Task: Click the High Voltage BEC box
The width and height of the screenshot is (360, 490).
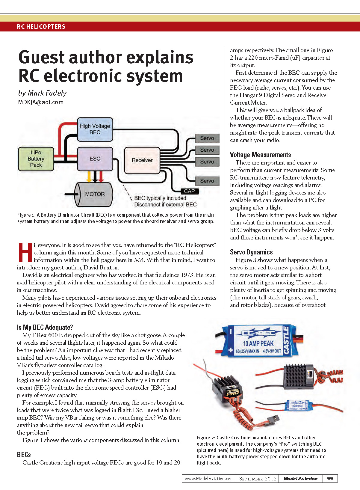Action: click(x=95, y=129)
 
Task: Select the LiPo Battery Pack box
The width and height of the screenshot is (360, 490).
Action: click(x=36, y=159)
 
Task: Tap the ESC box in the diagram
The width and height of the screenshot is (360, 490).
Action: click(x=95, y=159)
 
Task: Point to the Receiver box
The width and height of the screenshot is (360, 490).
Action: click(x=142, y=160)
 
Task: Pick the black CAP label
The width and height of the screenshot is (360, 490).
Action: click(x=189, y=191)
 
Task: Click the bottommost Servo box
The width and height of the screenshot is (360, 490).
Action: click(x=207, y=181)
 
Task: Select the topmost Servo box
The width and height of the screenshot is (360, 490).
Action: click(x=207, y=138)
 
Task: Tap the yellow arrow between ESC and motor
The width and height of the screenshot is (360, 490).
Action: click(x=89, y=177)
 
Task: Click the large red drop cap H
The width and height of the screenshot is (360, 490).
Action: click(x=25, y=252)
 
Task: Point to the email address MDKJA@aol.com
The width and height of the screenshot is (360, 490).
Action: click(x=41, y=102)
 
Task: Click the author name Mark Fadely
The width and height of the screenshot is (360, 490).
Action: click(x=47, y=93)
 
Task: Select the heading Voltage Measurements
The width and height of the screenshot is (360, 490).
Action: click(x=260, y=155)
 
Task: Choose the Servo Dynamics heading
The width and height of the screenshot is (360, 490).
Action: click(x=251, y=252)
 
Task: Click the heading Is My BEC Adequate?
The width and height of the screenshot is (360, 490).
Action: click(x=45, y=327)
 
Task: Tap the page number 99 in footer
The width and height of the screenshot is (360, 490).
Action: click(x=330, y=478)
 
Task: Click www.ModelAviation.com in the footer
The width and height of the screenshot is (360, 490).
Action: click(x=209, y=479)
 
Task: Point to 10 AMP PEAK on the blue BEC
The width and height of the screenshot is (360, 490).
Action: click(x=258, y=343)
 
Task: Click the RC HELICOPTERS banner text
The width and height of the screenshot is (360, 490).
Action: click(x=41, y=27)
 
